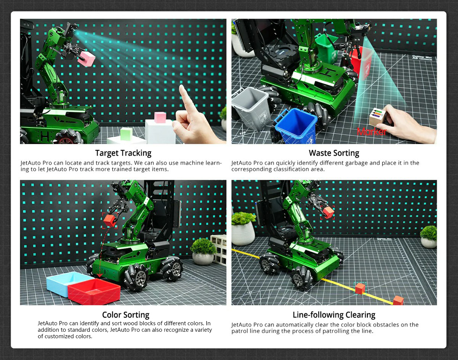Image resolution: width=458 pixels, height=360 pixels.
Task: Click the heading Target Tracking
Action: pos(123,153)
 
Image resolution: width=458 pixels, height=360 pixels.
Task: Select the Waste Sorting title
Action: pos(334,153)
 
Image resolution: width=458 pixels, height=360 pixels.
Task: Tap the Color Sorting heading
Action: pos(126,315)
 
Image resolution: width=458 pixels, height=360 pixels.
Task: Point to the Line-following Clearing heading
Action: pos(334,315)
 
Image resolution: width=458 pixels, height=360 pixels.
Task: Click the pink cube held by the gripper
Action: pos(86,58)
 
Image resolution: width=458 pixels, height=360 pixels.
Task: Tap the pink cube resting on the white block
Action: pos(160,118)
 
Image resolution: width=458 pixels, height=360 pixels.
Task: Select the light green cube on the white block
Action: pos(126,134)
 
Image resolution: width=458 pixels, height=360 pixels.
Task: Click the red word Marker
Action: pos(372,132)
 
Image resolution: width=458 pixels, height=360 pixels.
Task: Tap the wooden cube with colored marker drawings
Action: pos(377,117)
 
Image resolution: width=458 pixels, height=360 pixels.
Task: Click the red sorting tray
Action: pos(94,292)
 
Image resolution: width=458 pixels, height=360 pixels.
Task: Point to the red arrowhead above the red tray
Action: pos(100,275)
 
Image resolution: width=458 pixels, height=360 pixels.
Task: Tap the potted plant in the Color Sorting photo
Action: pos(203,252)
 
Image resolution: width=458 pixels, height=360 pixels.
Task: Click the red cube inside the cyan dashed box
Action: pos(360,289)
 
